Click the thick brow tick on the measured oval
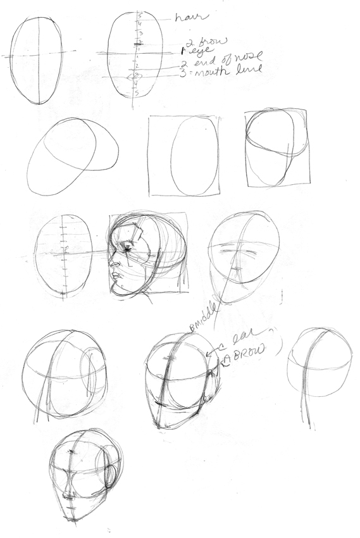(136, 43)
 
